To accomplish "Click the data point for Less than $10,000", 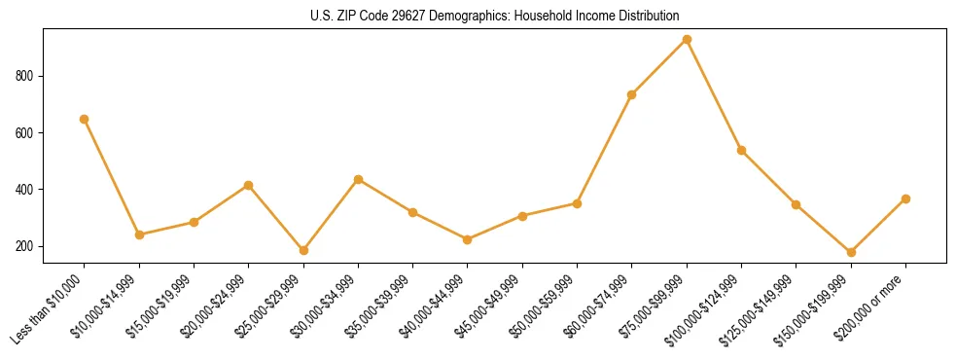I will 85,119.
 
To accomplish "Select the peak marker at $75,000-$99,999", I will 687,40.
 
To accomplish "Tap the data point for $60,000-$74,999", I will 632,94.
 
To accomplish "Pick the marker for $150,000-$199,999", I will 851,252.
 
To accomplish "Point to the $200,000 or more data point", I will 905,198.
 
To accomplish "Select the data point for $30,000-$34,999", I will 358,179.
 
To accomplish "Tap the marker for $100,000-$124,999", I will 741,150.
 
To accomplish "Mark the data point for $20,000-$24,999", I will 249,185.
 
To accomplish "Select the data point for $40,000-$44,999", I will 468,239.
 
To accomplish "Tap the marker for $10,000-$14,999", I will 139,234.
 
